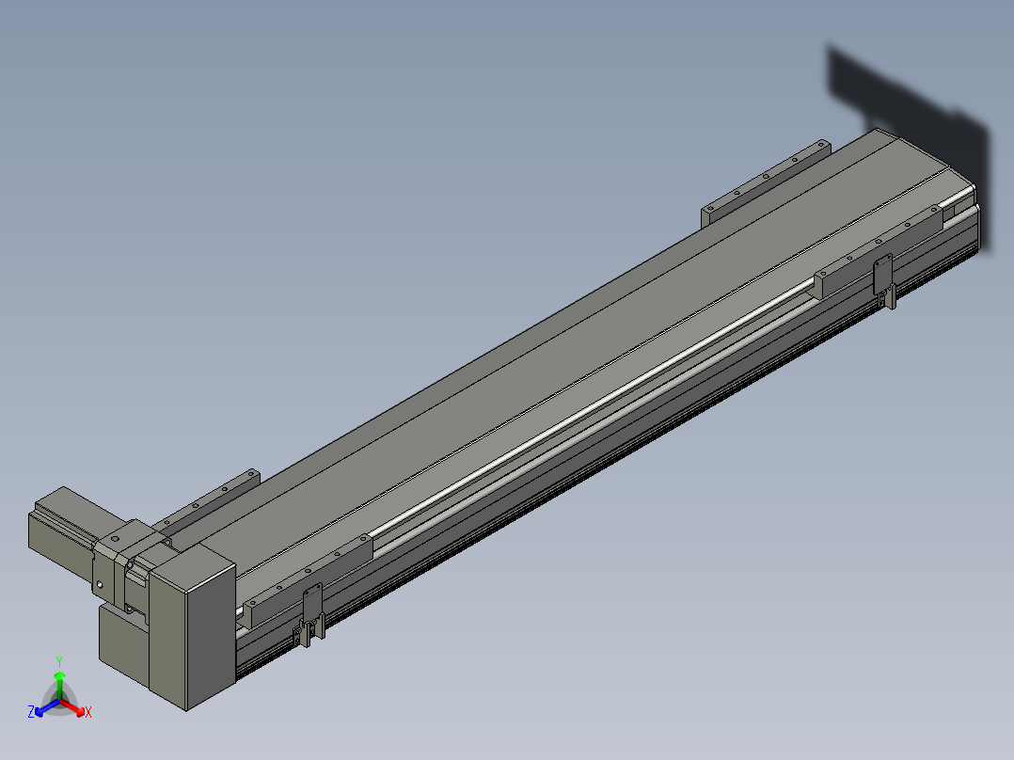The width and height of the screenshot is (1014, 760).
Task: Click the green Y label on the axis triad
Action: point(59,661)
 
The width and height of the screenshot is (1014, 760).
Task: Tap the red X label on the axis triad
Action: point(88,712)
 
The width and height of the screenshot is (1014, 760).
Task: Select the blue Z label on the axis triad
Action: point(31,711)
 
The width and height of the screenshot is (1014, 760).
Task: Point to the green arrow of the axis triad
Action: point(59,685)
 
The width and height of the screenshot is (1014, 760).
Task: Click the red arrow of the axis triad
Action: point(72,707)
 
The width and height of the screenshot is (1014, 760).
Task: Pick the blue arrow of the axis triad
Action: point(47,707)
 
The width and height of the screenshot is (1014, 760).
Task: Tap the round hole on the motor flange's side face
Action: point(100,585)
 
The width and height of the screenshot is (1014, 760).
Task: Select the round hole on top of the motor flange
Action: point(115,538)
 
